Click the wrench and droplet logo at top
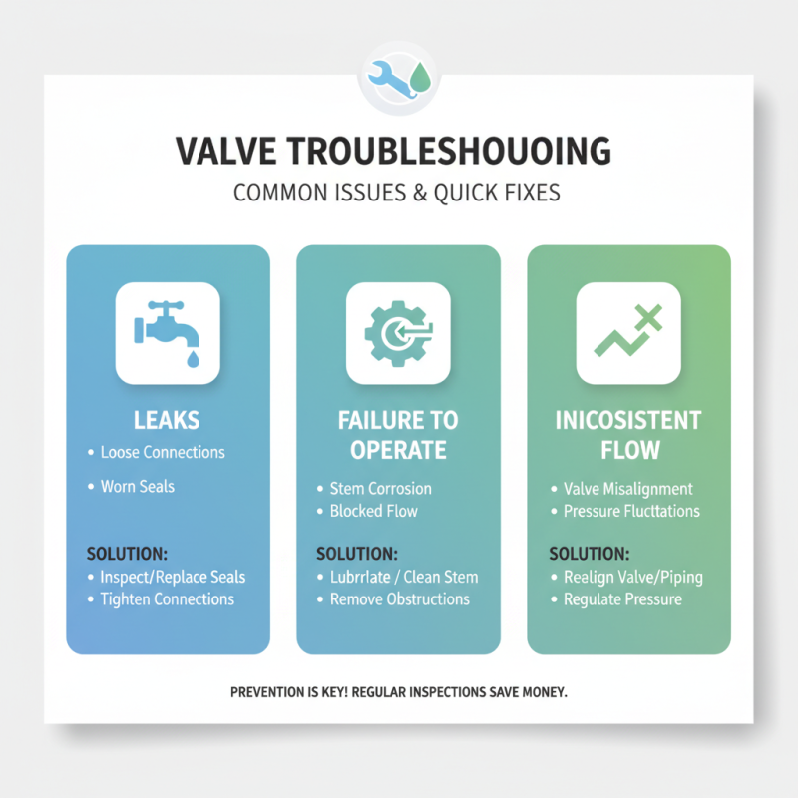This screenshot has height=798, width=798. (x=398, y=78)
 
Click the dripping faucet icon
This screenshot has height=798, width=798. (x=168, y=333)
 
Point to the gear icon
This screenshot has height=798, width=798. (x=398, y=333)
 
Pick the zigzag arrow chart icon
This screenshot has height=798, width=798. (x=628, y=333)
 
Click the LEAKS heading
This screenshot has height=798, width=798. (x=168, y=420)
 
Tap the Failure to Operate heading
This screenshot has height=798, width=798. (x=398, y=435)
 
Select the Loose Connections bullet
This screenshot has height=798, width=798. (x=163, y=452)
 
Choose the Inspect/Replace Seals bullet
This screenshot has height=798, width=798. (x=173, y=577)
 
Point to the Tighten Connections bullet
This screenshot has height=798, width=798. (x=167, y=599)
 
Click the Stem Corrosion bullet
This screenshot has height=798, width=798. (x=380, y=489)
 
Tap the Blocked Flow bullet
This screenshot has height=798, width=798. (x=373, y=511)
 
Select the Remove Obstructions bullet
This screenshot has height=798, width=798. (x=399, y=599)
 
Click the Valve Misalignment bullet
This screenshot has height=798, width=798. (x=627, y=489)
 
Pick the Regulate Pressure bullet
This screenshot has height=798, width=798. (x=622, y=599)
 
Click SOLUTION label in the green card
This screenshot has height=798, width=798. (x=590, y=553)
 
